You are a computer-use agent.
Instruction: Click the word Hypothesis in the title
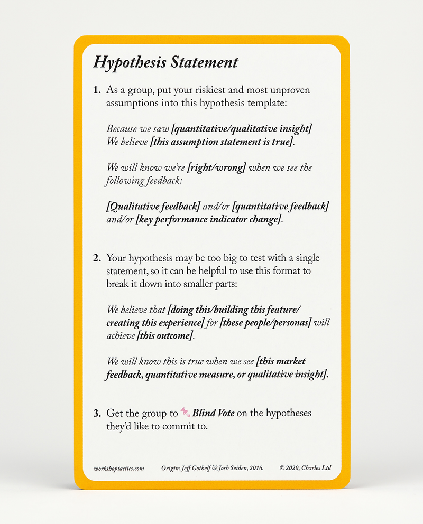(x=129, y=63)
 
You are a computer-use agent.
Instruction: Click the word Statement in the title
(x=204, y=62)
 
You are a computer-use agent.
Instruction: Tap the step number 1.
(x=97, y=90)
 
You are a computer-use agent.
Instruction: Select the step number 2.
(x=97, y=258)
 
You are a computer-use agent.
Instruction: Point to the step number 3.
(x=97, y=413)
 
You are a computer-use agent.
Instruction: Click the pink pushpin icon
(x=185, y=412)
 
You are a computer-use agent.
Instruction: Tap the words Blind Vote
(x=213, y=413)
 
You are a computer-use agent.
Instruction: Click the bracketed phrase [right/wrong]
(x=217, y=168)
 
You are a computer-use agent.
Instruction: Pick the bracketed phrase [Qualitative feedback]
(x=153, y=207)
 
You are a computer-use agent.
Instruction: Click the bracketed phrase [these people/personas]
(x=266, y=322)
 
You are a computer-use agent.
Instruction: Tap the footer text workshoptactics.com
(x=118, y=468)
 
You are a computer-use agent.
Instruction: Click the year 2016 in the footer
(x=256, y=468)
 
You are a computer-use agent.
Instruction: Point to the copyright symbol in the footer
(x=282, y=468)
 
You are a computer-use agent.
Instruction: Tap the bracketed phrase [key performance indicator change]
(x=208, y=220)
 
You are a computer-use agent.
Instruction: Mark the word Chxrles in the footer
(x=311, y=468)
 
